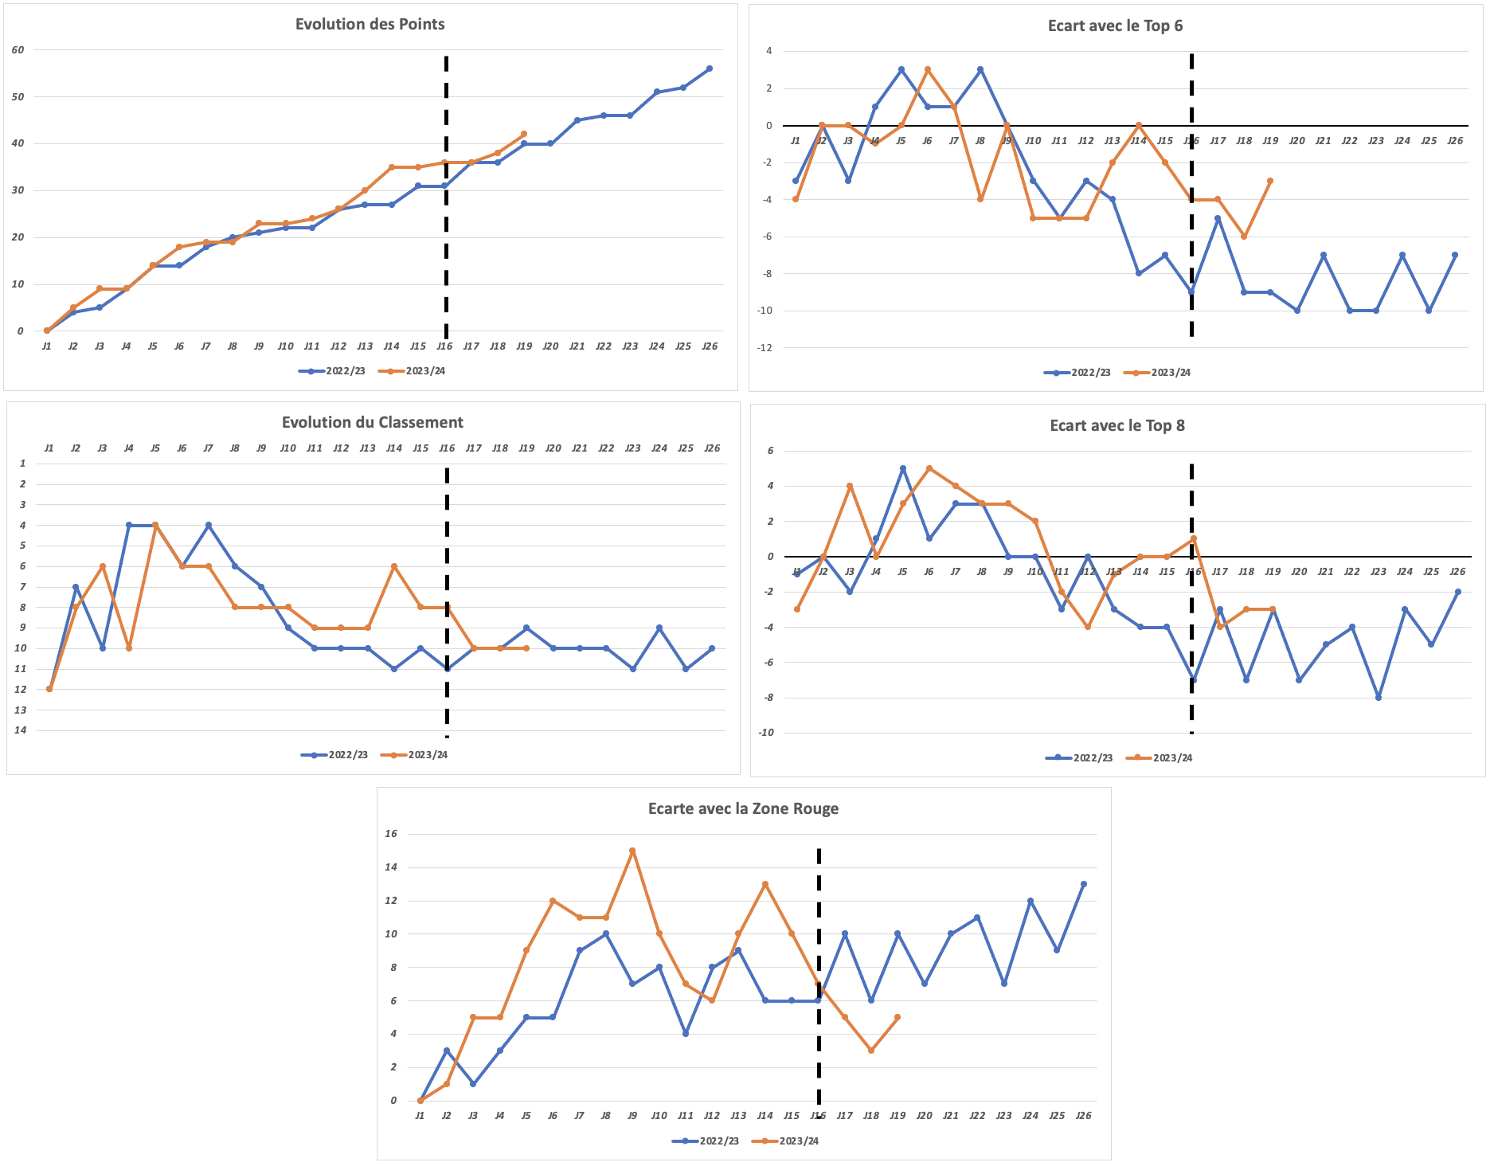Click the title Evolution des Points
coord(370,24)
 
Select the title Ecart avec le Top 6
coord(1115,25)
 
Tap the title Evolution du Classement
coord(372,422)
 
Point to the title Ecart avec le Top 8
coord(1117,425)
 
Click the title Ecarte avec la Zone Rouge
coord(743,808)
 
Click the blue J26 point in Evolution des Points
coord(709,68)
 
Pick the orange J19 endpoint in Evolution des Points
coord(523,134)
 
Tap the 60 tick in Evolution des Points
coord(18,49)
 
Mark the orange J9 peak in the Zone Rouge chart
coord(632,851)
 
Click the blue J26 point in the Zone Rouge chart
coord(1083,884)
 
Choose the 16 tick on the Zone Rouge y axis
coord(391,834)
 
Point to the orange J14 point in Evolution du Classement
coord(394,566)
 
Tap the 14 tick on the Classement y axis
coord(20,730)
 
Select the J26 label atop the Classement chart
coord(712,448)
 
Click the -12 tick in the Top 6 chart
coord(765,347)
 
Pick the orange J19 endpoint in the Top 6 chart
coord(1270,181)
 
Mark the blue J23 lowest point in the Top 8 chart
coord(1378,698)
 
